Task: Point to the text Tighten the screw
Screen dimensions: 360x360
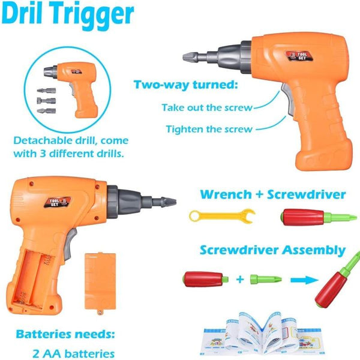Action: coord(209,128)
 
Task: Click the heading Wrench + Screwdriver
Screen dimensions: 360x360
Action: coord(272,194)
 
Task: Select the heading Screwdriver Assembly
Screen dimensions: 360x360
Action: coord(272,250)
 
